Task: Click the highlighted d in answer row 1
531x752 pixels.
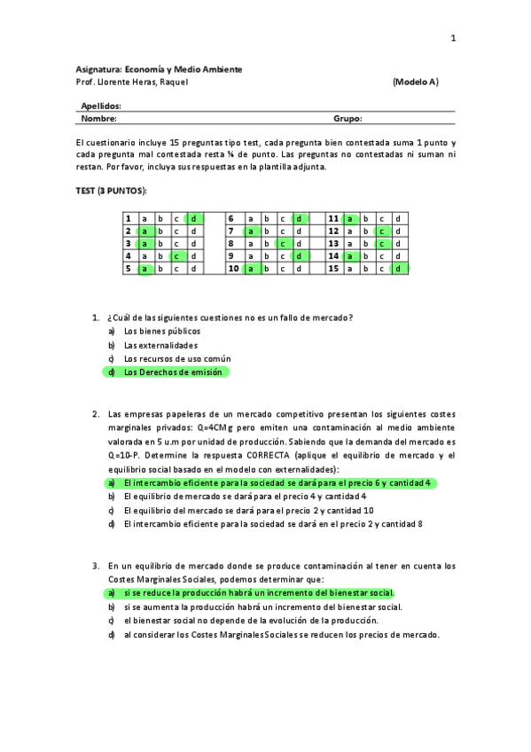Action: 193,218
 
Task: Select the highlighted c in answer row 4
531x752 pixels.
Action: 176,255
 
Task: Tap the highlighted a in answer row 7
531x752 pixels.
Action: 251,231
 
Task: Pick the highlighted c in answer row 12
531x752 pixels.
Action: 381,231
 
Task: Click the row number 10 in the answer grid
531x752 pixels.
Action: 233,268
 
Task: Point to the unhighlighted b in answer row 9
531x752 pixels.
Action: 268,255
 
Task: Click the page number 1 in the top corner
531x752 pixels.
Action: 452,38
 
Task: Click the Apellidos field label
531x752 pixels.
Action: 101,106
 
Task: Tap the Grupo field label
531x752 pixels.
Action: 347,118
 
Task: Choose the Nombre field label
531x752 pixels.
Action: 98,118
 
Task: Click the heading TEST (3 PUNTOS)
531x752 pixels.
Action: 111,192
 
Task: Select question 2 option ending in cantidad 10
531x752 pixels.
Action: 248,511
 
